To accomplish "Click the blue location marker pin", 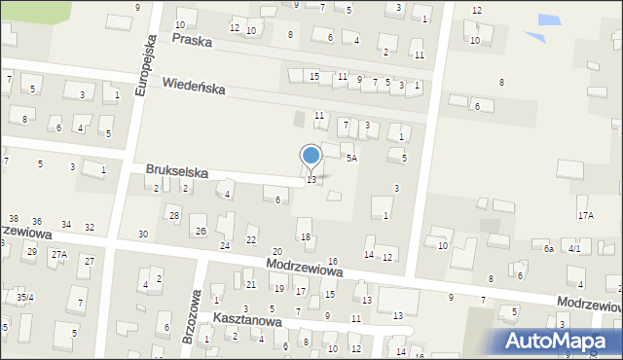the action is point(311,156).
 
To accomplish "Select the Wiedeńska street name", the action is point(194,87).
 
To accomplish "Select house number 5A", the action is point(351,157).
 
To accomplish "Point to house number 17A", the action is point(585,215).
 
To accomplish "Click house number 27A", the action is point(59,254).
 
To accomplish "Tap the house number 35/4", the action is point(24,297).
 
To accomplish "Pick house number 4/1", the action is point(574,249).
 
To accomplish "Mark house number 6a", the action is point(549,249).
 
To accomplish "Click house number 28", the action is point(174,215).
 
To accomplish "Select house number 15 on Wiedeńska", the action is point(313,76).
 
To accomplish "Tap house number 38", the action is point(13,219).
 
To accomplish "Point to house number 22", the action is point(251,240).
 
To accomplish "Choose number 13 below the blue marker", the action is point(311,180).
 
